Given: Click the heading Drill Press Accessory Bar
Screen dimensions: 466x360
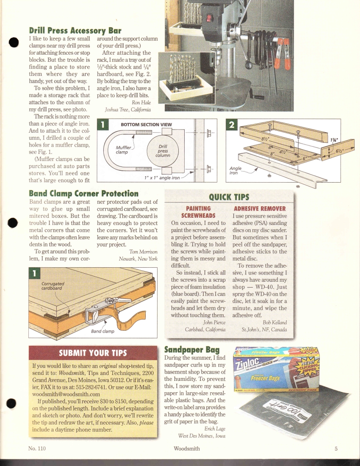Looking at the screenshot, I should pos(75,30).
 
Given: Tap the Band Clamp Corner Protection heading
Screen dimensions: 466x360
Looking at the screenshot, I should pos(83,194).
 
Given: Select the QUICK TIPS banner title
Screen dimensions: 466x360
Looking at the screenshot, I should pos(229,197).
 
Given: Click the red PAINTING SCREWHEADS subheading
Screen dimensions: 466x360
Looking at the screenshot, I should pos(198,212).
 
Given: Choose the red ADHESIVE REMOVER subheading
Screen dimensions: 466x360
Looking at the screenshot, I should pos(260,208).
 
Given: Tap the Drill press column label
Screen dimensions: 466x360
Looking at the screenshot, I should pos(163,150).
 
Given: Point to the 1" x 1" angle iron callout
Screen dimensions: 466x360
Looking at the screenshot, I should pos(162,178).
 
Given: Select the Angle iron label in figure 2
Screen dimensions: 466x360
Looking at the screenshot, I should pos(235,170).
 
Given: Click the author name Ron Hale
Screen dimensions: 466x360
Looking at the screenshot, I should pos(142,103).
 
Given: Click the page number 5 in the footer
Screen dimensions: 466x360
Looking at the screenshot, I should pos(335,449).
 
